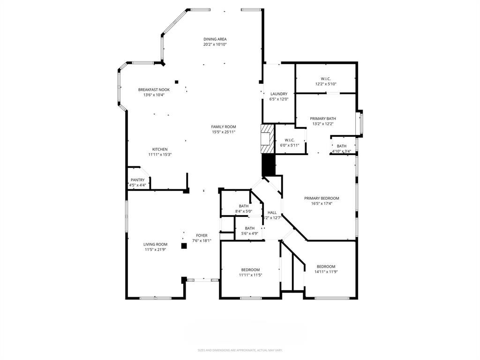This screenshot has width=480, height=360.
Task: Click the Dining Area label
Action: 215,39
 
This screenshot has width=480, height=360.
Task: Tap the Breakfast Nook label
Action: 154,90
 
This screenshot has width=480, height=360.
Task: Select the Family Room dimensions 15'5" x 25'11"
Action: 223,132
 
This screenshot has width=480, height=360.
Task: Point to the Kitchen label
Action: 159,150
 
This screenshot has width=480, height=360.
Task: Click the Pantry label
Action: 137,180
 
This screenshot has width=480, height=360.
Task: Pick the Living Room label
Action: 155,244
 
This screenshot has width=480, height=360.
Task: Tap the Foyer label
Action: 202,235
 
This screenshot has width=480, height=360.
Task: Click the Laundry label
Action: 278,94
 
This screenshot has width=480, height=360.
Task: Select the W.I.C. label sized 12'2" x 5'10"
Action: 326,79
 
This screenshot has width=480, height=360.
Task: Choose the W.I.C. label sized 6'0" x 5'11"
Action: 289,140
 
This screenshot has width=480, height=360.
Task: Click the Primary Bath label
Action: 323,119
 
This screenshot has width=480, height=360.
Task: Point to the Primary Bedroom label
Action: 322,198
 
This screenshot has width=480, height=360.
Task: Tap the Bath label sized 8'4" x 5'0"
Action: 244,206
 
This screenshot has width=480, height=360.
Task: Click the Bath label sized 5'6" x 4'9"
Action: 249,228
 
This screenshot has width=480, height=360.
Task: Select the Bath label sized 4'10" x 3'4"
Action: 341,146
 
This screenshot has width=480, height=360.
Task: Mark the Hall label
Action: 272,212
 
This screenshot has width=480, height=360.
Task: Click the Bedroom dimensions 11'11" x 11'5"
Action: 250,275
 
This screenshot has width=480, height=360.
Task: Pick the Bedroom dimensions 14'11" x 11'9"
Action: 326,271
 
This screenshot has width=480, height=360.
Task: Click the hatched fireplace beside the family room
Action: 267,138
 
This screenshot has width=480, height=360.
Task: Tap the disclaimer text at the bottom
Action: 240,350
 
